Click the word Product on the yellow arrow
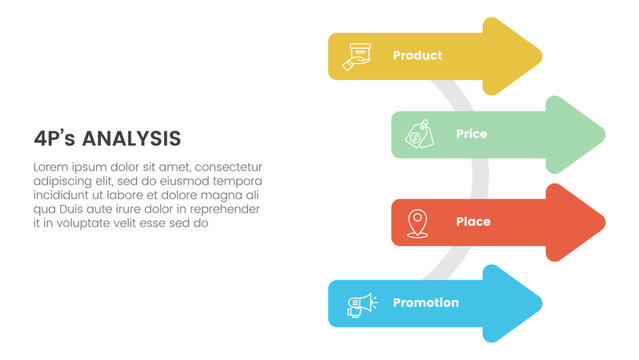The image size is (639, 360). pyautogui.click(x=417, y=55)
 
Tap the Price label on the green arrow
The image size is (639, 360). pyautogui.click(x=471, y=133)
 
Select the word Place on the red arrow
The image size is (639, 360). pyautogui.click(x=472, y=221)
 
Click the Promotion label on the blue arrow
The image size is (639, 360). pyautogui.click(x=426, y=303)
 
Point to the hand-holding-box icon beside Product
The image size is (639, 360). pyautogui.click(x=356, y=56)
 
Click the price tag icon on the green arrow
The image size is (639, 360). pyautogui.click(x=418, y=134)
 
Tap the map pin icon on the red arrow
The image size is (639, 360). pyautogui.click(x=418, y=221)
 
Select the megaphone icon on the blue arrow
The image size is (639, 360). pyautogui.click(x=359, y=304)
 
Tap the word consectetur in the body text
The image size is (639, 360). pyautogui.click(x=228, y=167)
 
